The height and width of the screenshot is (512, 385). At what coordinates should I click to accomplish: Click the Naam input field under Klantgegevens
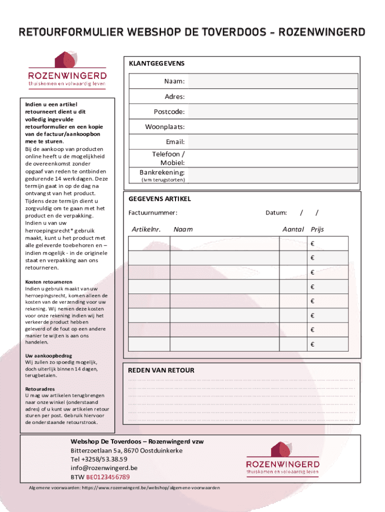click(x=272, y=81)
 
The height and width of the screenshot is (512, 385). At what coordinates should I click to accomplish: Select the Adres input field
click(x=272, y=96)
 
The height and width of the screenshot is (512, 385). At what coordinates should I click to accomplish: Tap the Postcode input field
click(x=272, y=111)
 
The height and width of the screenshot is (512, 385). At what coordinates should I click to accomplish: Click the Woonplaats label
click(x=165, y=127)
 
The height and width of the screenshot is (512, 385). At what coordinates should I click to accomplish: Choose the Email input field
click(x=272, y=142)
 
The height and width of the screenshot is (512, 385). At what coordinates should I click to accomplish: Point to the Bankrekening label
click(x=162, y=172)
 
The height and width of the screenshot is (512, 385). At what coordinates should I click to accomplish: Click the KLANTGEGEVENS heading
click(x=156, y=63)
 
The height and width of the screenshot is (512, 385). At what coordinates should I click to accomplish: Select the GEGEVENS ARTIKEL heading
click(x=159, y=198)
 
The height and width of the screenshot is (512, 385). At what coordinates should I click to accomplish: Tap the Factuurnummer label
click(x=153, y=212)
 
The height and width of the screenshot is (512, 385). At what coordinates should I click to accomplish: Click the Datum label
click(x=276, y=212)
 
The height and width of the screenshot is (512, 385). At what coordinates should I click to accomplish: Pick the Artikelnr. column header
click(x=146, y=229)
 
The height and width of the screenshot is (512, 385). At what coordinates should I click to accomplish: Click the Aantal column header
click(x=293, y=229)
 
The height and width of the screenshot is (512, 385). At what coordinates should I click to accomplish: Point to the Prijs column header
click(x=317, y=229)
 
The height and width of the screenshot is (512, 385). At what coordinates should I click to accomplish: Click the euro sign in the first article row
click(x=312, y=243)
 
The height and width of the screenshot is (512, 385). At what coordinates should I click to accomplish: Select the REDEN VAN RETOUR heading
click(x=161, y=370)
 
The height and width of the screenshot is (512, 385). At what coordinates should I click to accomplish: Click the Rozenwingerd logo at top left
click(x=67, y=70)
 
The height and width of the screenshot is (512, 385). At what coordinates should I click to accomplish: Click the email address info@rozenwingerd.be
click(x=104, y=468)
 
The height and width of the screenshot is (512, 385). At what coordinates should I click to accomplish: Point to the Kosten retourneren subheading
click(x=49, y=282)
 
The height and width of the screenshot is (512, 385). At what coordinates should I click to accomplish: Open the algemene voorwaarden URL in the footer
click(x=150, y=487)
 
